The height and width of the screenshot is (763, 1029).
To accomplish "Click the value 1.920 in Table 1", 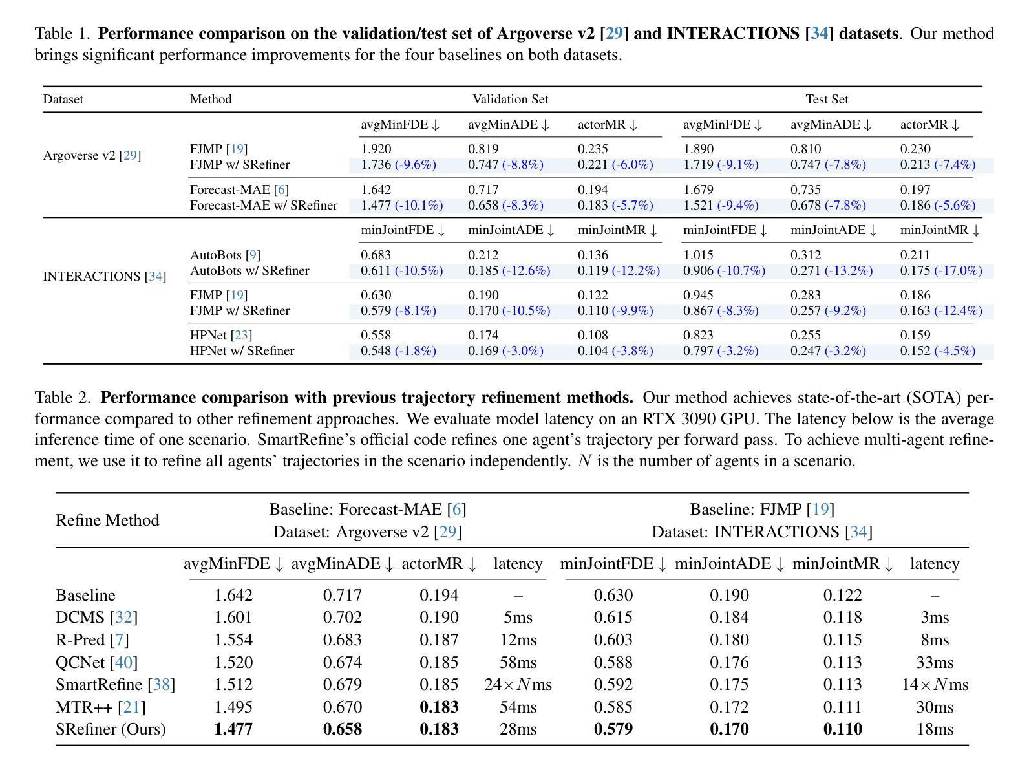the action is tap(376, 149).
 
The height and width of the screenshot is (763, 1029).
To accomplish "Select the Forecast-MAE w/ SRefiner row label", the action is tap(264, 205).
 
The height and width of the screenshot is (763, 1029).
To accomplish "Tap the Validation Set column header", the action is tap(510, 100).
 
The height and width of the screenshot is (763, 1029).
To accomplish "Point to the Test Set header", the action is tap(826, 100).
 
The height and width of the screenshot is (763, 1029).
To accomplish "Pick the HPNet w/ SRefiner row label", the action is tap(242, 350).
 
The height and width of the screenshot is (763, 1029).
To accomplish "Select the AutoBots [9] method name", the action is tap(225, 255).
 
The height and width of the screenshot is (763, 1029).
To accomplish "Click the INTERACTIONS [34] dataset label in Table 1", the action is tap(104, 277).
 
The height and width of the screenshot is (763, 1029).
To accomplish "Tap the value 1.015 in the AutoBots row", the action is tap(698, 255).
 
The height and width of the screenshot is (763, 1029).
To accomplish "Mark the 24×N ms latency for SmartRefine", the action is tap(518, 685).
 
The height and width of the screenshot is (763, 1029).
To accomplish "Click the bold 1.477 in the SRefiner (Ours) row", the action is tap(233, 729).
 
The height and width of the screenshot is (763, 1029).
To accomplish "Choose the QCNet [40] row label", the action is tap(96, 662).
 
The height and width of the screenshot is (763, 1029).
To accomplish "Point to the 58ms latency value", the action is tap(518, 662).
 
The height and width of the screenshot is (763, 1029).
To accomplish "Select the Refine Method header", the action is tap(107, 521).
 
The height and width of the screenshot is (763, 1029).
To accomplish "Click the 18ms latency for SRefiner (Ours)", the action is tap(935, 729).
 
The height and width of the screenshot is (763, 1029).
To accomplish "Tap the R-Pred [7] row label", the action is tap(92, 640).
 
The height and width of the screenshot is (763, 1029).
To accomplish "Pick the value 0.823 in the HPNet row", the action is tap(698, 335).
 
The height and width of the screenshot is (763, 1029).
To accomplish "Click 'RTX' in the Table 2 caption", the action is tap(659, 419).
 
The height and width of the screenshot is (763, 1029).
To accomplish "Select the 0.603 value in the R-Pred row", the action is tap(613, 640).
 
